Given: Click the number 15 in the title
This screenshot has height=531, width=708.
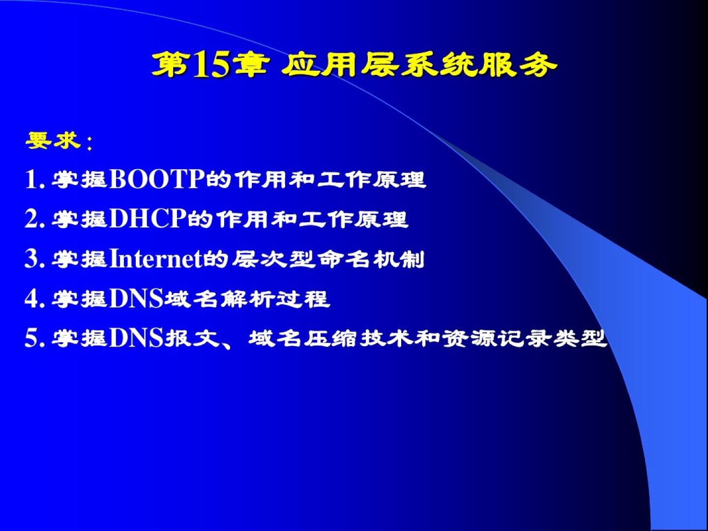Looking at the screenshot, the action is (212, 65).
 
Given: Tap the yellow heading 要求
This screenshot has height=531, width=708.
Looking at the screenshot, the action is (53, 141).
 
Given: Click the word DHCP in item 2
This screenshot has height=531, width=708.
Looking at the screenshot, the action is (148, 219).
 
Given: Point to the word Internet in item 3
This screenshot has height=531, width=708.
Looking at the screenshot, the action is (156, 259).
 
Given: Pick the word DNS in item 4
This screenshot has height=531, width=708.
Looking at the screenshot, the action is (137, 298).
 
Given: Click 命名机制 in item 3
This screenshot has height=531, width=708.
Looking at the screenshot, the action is (370, 259).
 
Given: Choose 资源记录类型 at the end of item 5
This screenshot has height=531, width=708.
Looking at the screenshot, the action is (525, 339).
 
